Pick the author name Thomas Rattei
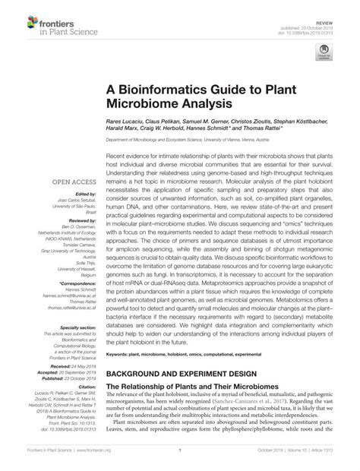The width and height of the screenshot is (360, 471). click(285, 130)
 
